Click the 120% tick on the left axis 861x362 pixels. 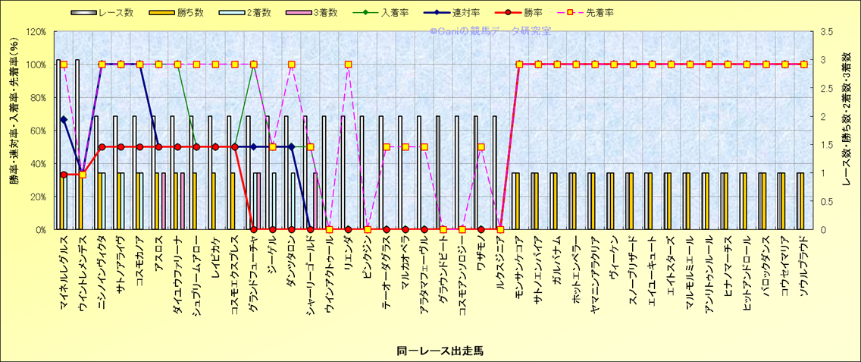(36, 32)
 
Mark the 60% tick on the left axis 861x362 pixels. (38, 131)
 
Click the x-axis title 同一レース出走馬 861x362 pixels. (430, 351)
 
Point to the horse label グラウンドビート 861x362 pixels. (443, 269)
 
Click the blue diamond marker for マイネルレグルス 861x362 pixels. (64, 119)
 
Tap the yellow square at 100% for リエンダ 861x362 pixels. (348, 65)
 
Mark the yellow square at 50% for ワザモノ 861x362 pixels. (481, 147)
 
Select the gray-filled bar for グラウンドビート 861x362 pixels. (437, 172)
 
